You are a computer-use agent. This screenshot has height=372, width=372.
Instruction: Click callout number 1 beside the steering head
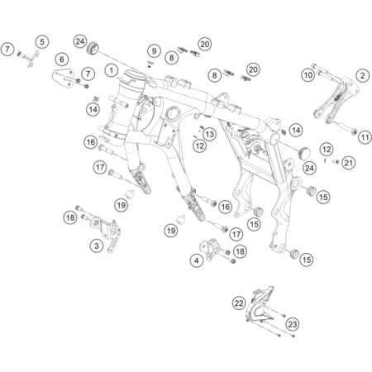click(112, 70)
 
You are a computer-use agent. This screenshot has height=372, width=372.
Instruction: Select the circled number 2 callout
click(362, 75)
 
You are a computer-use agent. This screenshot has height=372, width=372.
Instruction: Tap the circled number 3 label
click(97, 246)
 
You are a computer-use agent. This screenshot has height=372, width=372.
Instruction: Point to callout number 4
click(197, 260)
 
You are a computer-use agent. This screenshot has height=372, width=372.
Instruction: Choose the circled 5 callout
click(42, 42)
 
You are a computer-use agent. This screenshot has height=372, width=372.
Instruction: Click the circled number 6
click(62, 59)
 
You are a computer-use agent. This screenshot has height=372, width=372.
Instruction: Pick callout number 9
click(154, 50)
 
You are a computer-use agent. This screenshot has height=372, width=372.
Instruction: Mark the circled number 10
click(308, 74)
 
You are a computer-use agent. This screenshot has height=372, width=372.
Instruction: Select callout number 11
click(365, 137)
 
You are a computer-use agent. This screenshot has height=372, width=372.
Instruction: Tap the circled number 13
click(210, 134)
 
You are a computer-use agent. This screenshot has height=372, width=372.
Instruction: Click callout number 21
click(349, 163)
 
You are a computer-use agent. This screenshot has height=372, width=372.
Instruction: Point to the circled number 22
click(238, 303)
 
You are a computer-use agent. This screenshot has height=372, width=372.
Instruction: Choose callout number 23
click(293, 324)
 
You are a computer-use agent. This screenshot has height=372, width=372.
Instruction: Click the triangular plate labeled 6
click(64, 79)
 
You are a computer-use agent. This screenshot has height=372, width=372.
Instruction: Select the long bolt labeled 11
click(344, 126)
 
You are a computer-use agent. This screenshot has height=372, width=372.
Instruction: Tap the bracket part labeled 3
click(107, 234)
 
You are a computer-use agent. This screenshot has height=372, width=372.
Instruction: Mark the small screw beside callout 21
click(336, 162)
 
